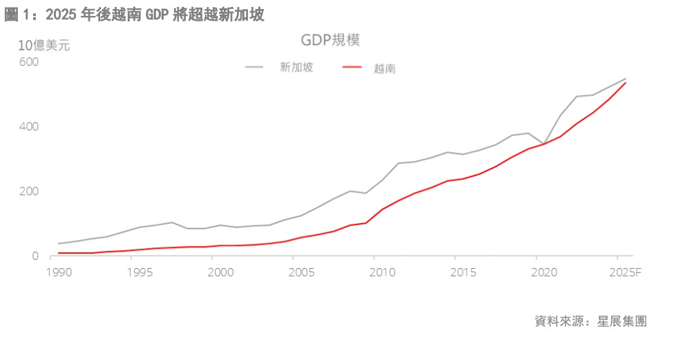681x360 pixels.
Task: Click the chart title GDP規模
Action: pos(330,40)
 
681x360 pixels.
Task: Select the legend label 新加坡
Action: pos(296,68)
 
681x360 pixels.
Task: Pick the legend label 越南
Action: pos(385,68)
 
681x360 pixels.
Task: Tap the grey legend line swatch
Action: pos(254,68)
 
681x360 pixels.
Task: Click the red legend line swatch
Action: pos(353,68)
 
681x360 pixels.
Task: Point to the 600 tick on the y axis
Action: pos(28,62)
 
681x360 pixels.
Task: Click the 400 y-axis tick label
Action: pos(28,127)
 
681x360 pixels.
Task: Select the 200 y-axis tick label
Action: pos(28,191)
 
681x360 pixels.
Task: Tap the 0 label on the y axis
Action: pos(35,256)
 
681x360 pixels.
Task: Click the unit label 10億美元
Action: pos(44,46)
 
